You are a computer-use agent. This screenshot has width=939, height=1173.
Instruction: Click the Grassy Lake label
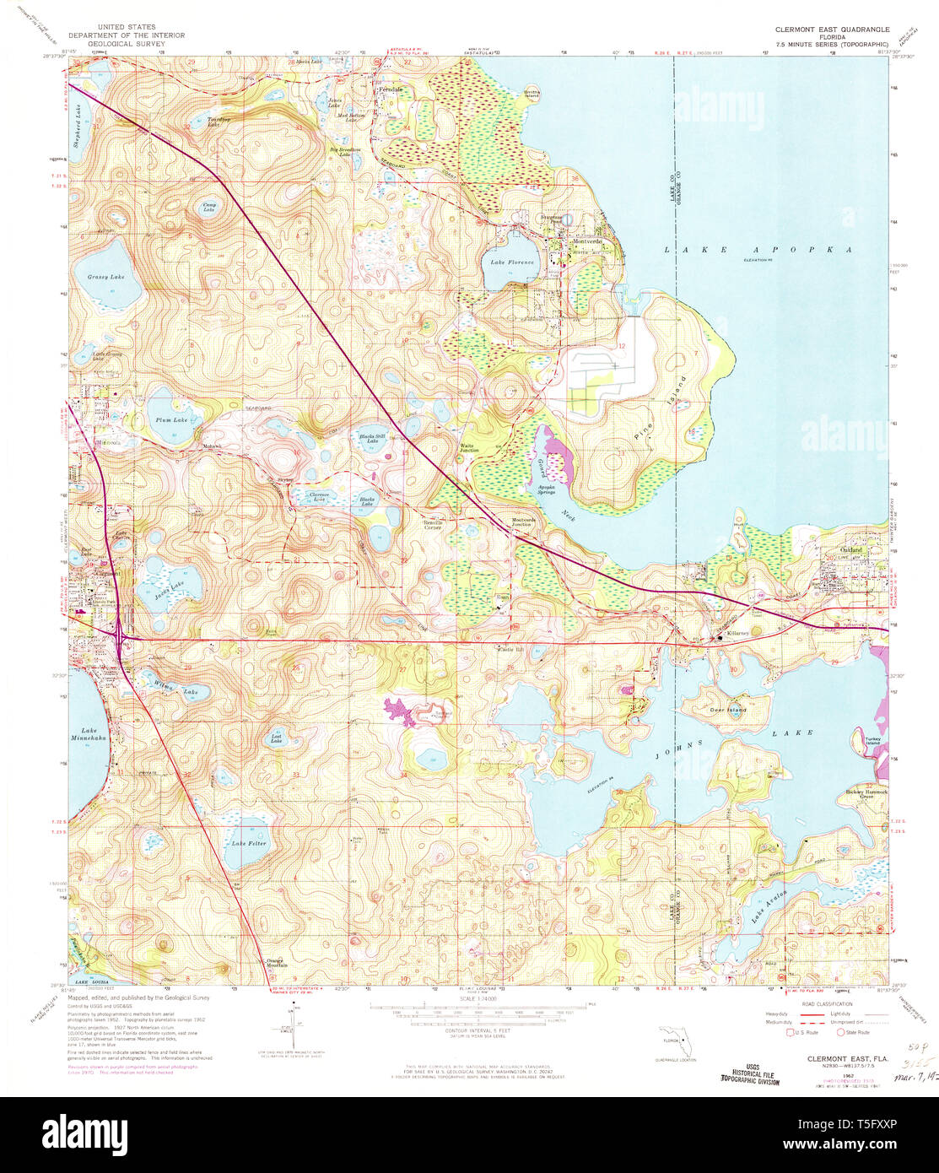[x=105, y=277]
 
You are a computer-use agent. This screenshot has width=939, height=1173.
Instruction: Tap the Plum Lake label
[x=170, y=419]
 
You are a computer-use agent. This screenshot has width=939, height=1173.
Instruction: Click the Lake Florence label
[x=512, y=262]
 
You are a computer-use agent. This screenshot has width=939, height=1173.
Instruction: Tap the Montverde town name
[x=585, y=242]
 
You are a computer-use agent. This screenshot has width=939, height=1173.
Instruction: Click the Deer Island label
[x=728, y=711]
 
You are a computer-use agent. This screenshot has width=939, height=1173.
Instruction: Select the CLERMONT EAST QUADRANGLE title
[x=832, y=29]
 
